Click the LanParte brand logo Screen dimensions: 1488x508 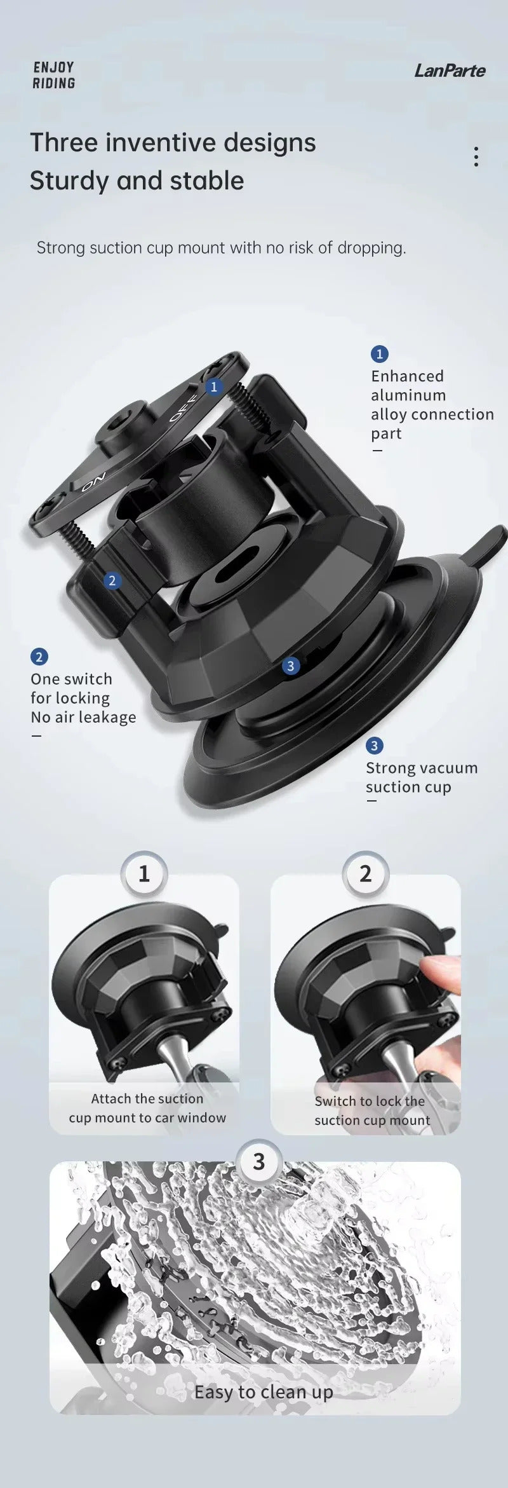tap(450, 71)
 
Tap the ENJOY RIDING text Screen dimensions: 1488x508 tap(54, 75)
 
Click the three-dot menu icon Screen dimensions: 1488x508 tap(476, 157)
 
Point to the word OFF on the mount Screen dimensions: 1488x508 tap(183, 407)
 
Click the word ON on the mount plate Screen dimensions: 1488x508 tap(93, 482)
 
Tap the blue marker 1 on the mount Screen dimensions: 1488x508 tap(214, 386)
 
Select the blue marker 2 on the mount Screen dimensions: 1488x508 tap(112, 580)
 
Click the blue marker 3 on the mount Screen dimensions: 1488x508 tap(291, 666)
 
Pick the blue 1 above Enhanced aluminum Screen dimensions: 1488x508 tap(379, 354)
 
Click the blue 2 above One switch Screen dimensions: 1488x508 tap(39, 657)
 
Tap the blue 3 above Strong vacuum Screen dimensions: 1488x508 tap(374, 746)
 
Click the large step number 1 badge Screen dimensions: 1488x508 tap(144, 874)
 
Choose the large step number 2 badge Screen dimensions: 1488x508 tap(365, 874)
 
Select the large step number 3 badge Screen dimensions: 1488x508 tap(258, 1161)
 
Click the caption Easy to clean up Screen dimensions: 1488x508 tap(264, 1391)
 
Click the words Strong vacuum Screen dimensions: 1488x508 tap(422, 768)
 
